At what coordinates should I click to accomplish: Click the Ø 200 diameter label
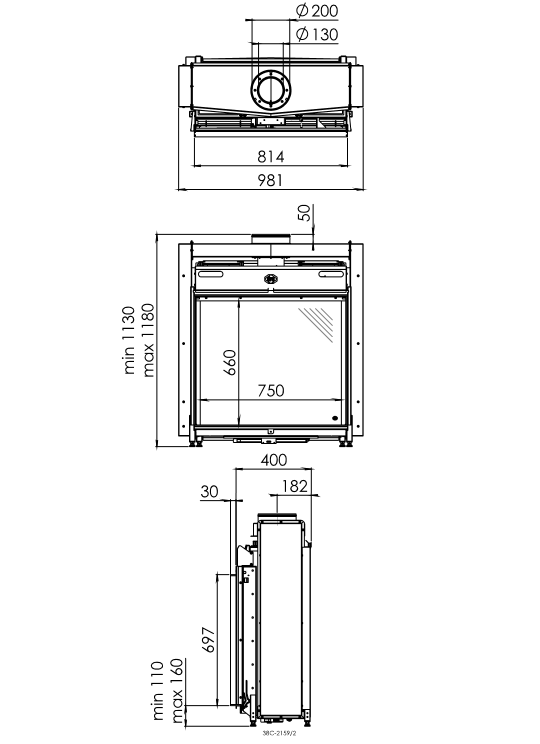[317, 10]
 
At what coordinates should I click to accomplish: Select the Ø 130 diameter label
[317, 34]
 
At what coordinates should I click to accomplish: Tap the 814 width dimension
[270, 156]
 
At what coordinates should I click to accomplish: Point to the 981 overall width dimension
[270, 180]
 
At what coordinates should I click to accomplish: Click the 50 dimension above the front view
[305, 212]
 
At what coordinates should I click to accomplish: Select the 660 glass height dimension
[230, 362]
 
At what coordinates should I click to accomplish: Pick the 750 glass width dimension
[271, 390]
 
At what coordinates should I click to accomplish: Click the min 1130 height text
[130, 340]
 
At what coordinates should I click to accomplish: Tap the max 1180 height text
[148, 340]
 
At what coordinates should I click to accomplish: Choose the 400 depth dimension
[274, 460]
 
